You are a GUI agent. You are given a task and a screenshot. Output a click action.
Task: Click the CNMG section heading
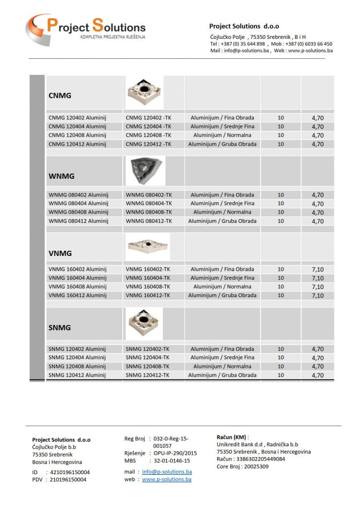pyautogui.click(x=60, y=96)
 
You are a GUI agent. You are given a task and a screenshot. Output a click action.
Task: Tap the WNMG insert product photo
pyautogui.click(x=145, y=171)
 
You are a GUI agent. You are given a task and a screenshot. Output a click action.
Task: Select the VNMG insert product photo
pyautogui.click(x=147, y=246)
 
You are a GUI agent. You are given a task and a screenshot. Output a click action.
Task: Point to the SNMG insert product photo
pyautogui.click(x=144, y=323)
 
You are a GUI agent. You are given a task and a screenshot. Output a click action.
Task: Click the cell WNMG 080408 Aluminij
pyautogui.click(x=78, y=212)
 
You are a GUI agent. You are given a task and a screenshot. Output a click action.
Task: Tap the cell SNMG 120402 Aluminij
pyautogui.click(x=77, y=348)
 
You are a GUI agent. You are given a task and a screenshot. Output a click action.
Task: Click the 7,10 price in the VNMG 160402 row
pyautogui.click(x=318, y=270)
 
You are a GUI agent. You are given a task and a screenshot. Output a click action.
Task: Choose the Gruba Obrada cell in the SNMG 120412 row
pyautogui.click(x=222, y=375)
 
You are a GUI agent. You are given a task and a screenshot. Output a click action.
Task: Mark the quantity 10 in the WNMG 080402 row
pyautogui.click(x=281, y=195)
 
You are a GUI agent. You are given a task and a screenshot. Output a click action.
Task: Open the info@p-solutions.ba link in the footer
pyautogui.click(x=167, y=472)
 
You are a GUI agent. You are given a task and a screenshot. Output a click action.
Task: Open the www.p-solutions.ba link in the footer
pyautogui.click(x=167, y=480)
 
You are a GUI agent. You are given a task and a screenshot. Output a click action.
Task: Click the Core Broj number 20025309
pyautogui.click(x=255, y=466)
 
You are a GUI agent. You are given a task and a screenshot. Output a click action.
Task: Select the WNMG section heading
pyautogui.click(x=61, y=176)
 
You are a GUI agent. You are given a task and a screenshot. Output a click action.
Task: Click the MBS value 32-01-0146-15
pyautogui.click(x=172, y=460)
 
